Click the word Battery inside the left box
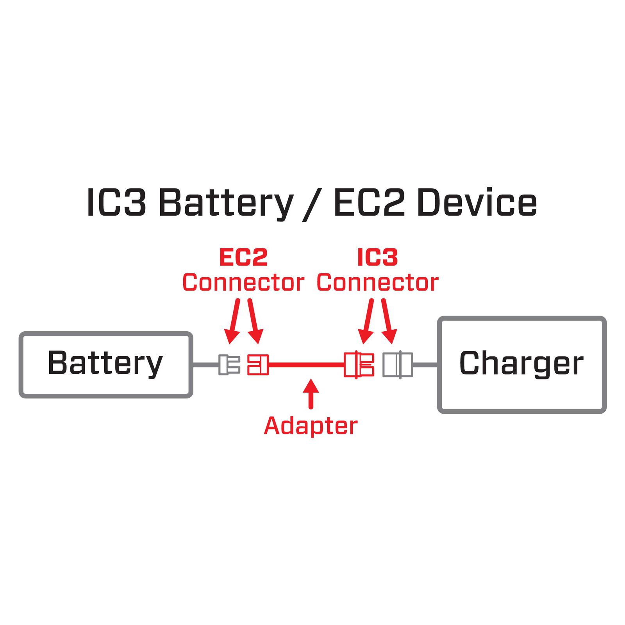point(105,363)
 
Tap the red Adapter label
point(311,426)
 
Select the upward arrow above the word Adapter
point(311,393)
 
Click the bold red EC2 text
point(243,257)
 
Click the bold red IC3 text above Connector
point(377,257)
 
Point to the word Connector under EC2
point(243,283)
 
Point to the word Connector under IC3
point(377,283)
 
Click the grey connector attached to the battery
point(229,364)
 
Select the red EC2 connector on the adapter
point(258,364)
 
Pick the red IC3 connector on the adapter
point(359,364)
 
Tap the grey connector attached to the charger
point(397,364)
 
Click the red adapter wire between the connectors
point(307,365)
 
